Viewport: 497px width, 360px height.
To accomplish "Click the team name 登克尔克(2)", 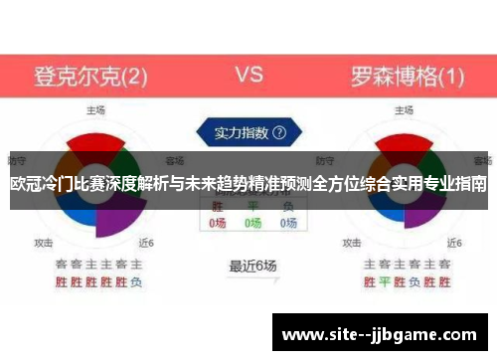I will [91, 75].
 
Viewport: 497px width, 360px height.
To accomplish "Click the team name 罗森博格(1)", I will [407, 75].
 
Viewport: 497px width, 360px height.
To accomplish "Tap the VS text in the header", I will [248, 74].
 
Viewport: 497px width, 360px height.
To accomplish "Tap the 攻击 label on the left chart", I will [44, 242].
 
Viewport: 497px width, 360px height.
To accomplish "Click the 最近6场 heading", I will [252, 266].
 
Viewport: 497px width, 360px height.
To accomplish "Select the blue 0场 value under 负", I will [288, 224].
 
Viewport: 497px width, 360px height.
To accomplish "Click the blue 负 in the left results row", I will [136, 282].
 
